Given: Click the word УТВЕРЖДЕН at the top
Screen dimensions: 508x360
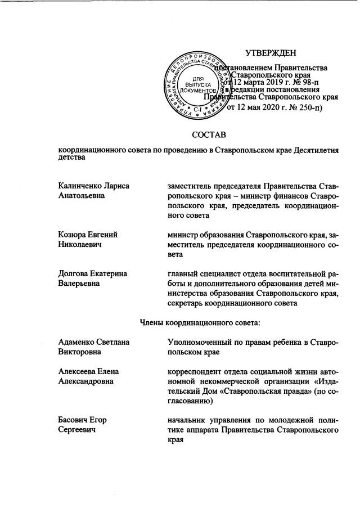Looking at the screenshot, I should pos(271,53).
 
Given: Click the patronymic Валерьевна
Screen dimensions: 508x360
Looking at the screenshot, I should pos(79,284).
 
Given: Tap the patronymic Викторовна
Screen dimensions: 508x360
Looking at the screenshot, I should pos(80,352).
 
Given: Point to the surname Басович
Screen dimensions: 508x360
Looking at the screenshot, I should pos(74,420).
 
